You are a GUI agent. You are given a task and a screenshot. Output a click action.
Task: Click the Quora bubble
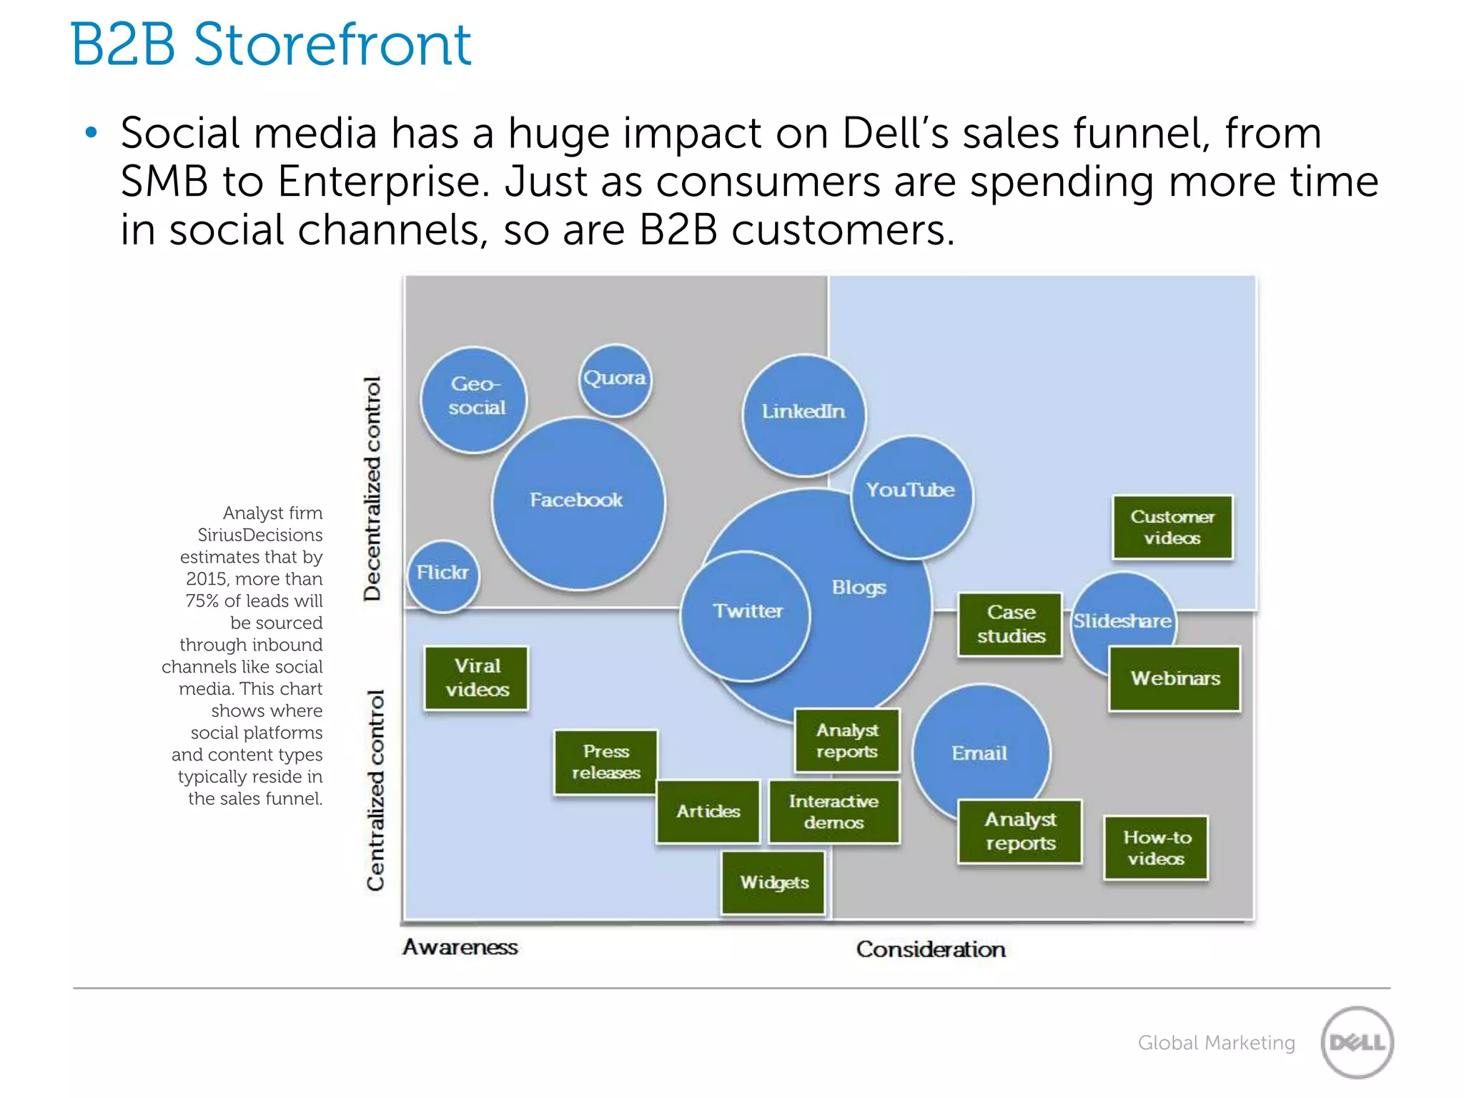point(615,380)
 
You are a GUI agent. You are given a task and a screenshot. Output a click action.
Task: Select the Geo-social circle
point(474,399)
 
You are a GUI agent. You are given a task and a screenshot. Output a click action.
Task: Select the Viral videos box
point(477,678)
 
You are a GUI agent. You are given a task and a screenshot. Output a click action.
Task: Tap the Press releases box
point(605,762)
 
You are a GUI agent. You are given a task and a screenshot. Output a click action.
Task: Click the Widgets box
point(773,882)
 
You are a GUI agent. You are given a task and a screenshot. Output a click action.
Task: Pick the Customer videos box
point(1172,528)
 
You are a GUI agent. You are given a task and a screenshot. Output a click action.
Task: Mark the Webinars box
point(1174,678)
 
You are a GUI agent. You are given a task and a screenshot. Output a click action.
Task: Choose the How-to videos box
point(1156,848)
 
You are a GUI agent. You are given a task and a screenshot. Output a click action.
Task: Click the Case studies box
point(1010,624)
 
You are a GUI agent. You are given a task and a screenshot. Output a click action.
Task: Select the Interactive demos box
point(834,812)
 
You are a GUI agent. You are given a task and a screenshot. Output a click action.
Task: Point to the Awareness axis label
point(460,947)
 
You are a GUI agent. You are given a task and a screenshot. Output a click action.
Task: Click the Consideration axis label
point(931,949)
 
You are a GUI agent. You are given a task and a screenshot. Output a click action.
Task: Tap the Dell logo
point(1357,1042)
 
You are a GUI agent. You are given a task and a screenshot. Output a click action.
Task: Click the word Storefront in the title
point(332,45)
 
